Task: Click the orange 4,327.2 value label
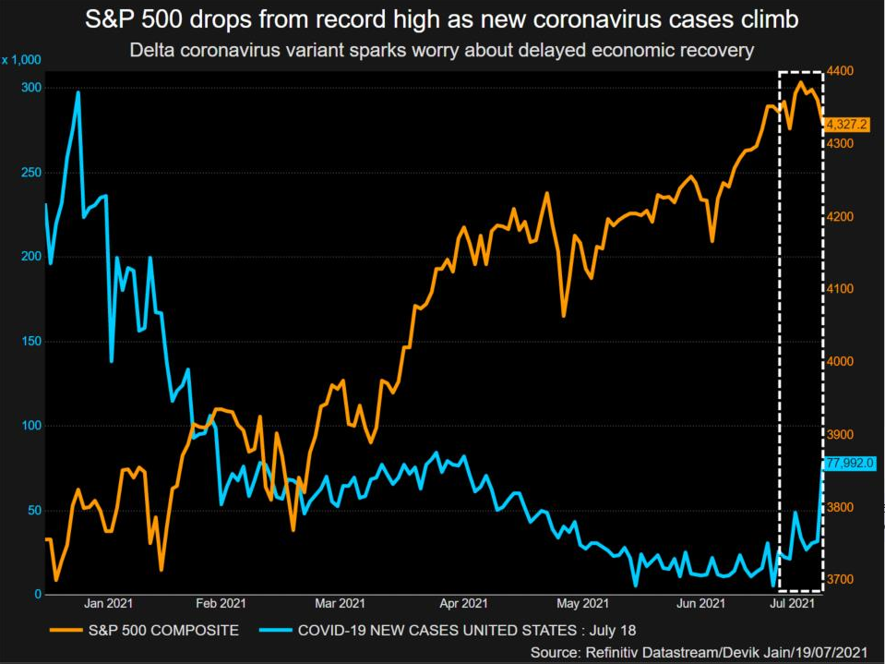[846, 125]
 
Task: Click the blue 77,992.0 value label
[850, 464]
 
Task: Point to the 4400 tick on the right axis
[841, 71]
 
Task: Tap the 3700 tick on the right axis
[841, 580]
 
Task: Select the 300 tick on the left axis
[31, 88]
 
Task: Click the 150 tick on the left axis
[31, 341]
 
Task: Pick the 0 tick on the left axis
[38, 594]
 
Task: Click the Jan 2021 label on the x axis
[108, 604]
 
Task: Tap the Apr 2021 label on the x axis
[463, 604]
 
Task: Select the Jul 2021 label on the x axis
[792, 604]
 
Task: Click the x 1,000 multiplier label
[21, 60]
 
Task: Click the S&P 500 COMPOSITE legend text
[163, 630]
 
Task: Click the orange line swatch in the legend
[66, 630]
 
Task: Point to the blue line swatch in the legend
[276, 630]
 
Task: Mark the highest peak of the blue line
[78, 92]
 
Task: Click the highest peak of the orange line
[800, 82]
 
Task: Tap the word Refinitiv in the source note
[612, 652]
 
